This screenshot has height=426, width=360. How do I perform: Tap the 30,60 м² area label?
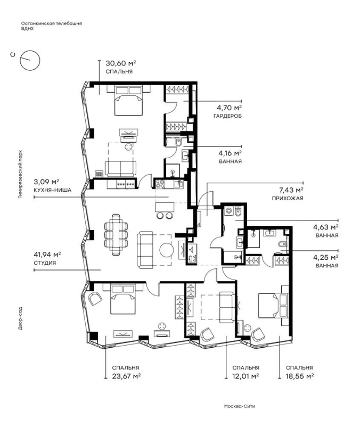click(121, 63)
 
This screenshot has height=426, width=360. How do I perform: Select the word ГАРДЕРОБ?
click(227, 116)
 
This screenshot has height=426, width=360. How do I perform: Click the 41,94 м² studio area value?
click(47, 255)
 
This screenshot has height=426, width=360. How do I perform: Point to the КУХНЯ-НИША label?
click(52, 190)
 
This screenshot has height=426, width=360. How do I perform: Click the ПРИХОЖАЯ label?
click(288, 198)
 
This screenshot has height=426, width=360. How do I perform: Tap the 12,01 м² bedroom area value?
click(246, 376)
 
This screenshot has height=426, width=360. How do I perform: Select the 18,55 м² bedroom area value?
click(300, 376)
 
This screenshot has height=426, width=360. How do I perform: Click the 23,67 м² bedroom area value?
click(126, 376)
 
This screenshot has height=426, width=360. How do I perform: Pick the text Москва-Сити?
click(240, 406)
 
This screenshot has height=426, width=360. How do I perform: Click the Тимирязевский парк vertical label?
click(20, 174)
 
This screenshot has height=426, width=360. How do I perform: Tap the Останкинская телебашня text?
click(51, 23)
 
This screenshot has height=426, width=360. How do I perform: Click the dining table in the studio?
click(116, 234)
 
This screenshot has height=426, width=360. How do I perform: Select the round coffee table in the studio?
click(166, 250)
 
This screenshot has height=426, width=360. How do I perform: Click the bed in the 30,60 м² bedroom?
click(128, 100)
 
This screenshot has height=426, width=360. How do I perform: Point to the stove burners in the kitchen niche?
click(159, 184)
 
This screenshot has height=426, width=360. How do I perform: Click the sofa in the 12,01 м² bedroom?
click(226, 306)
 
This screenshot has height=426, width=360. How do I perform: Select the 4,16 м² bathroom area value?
click(230, 153)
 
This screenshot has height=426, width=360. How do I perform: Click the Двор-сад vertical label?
click(20, 318)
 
